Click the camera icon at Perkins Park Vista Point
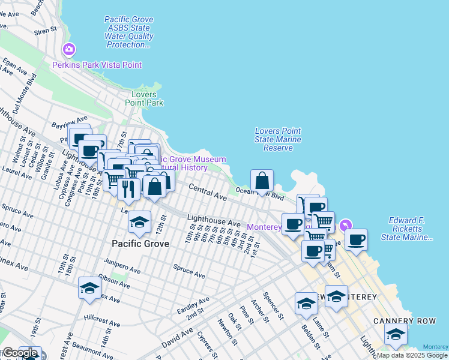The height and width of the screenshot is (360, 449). pos(69,49)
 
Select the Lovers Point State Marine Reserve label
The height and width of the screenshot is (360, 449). pos(277,139)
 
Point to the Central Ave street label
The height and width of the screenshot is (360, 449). pos(208,193)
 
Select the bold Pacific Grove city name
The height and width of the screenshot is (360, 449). pos(140,244)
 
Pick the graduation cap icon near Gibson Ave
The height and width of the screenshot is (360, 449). pos(89,289)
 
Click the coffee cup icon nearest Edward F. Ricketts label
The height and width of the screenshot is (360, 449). pos(356,239)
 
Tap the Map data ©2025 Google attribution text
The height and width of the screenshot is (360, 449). pos(412,355)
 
